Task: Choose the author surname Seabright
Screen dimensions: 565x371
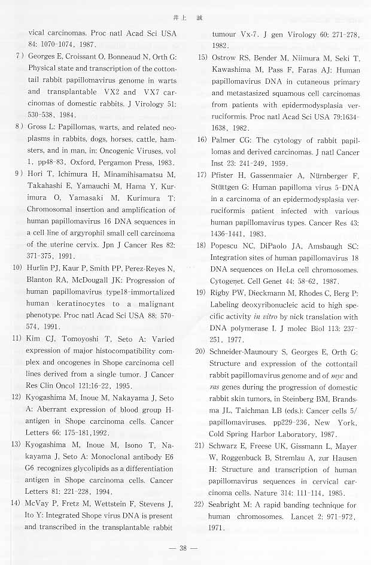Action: [229, 505]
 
